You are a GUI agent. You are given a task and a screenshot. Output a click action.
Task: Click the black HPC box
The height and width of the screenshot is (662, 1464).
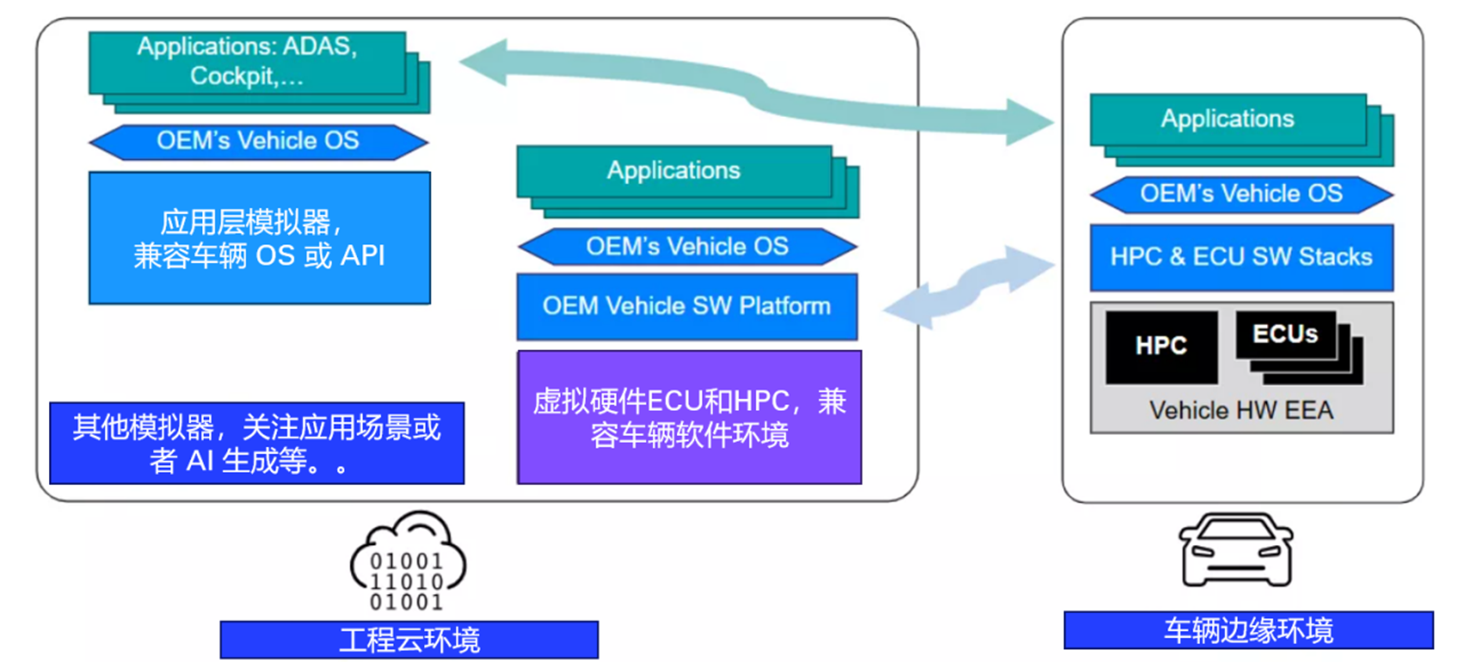point(1161,346)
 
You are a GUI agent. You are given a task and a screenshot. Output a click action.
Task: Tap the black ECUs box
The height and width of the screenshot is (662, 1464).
point(1285,334)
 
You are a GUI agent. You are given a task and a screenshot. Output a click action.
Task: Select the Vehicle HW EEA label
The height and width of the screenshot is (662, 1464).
point(1241,410)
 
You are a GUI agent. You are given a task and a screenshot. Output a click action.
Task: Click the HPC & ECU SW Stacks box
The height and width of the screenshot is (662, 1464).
point(1241,257)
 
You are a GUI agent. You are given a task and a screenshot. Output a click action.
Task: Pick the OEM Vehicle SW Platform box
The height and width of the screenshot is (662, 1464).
point(687,306)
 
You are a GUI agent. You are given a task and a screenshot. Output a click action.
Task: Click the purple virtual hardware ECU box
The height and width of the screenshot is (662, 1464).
point(689,418)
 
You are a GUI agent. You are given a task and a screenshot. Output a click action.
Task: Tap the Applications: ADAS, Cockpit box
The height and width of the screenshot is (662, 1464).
point(247,62)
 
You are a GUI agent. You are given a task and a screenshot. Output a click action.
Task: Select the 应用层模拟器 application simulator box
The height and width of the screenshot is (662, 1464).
point(259,238)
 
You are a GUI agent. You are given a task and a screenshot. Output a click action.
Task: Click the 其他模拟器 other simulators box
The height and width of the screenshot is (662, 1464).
point(257,443)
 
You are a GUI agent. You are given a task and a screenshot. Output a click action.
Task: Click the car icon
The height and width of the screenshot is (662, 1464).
point(1235,550)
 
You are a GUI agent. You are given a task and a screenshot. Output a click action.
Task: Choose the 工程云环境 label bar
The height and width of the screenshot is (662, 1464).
point(409,640)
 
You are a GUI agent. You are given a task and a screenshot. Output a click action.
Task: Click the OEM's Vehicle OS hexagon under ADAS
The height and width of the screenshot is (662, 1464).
point(258,141)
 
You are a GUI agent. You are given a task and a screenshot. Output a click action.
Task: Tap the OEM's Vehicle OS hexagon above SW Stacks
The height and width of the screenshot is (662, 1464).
point(1241,194)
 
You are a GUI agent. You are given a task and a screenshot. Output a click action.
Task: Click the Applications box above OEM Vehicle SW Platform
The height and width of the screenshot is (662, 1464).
point(674,171)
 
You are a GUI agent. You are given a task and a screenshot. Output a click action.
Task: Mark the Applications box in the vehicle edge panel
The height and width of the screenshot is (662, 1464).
point(1228,119)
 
